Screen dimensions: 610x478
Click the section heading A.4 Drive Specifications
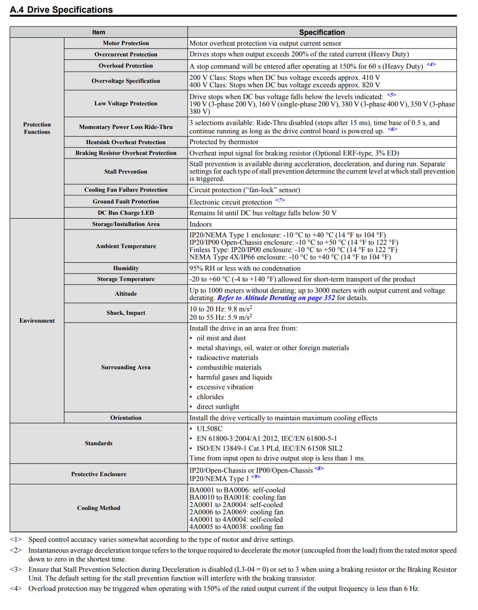coord(61,10)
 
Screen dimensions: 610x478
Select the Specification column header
coord(322,32)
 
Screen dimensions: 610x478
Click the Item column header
coord(99,32)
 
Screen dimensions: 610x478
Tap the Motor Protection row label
coord(126,43)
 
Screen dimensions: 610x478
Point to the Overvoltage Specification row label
coord(126,81)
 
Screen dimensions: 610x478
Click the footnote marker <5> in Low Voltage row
coord(391,95)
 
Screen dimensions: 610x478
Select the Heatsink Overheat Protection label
coord(126,142)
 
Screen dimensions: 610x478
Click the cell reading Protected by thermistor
coord(224,142)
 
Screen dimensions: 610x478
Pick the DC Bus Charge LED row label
coord(126,213)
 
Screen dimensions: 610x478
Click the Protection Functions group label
coord(37,128)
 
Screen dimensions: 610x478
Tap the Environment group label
coord(37,321)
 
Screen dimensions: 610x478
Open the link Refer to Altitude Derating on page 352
coord(276,298)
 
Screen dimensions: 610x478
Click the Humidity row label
coord(126,268)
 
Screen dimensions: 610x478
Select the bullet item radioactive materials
coord(227,358)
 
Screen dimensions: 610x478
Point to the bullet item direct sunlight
coord(218,407)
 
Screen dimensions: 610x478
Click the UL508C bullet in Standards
coord(209,429)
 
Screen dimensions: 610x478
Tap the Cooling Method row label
coord(99,508)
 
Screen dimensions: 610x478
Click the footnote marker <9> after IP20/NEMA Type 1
coord(255,477)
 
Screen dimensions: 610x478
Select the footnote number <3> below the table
coord(16,569)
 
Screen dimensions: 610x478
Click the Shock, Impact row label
coord(126,313)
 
